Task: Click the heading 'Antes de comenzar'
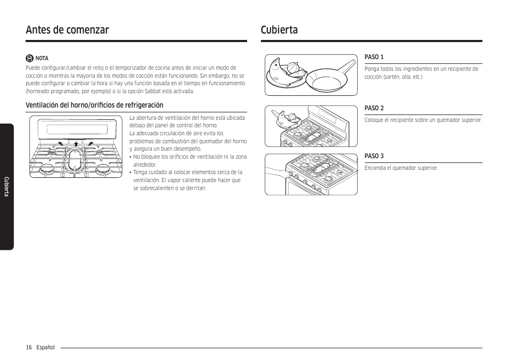67,30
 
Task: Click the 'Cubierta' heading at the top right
279,30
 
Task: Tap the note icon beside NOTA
30,58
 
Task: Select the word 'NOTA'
42,59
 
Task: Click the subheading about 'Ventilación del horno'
94,105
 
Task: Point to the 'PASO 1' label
374,57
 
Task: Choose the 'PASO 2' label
374,108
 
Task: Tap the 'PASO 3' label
374,156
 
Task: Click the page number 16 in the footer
28,347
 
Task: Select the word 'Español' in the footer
45,347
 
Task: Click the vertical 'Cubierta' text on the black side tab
7,186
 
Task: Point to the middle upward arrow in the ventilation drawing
76,143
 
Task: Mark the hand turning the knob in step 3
277,174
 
